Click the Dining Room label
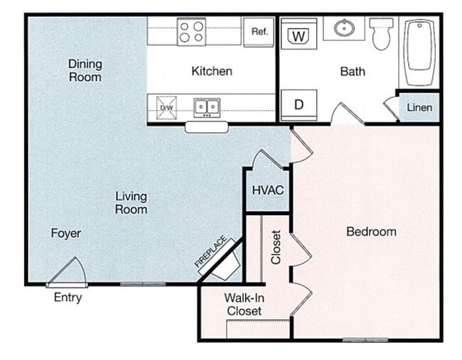85,70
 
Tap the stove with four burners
191,31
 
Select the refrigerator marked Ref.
259,31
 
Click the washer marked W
299,35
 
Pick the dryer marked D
299,104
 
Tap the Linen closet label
419,108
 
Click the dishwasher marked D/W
166,108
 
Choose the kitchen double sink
207,107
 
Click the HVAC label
268,190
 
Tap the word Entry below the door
68,298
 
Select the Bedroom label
371,231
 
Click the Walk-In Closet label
244,304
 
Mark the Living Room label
131,202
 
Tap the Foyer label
65,233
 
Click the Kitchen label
212,71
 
